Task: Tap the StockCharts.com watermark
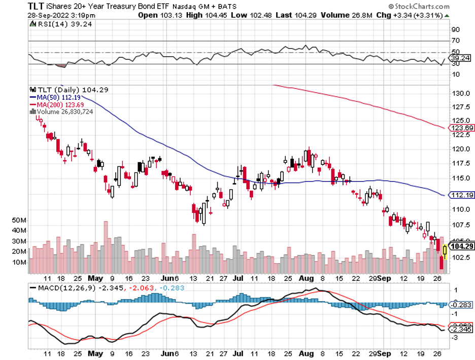419,7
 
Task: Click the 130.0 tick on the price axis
459,94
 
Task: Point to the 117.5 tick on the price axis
459,163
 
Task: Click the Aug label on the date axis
305,278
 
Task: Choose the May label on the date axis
95,278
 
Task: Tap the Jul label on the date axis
237,278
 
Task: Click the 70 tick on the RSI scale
456,41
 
